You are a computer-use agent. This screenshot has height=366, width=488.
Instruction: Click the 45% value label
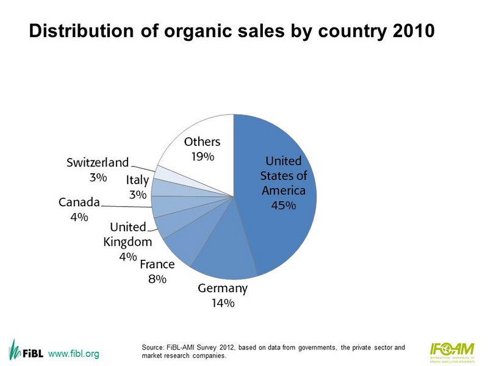[284, 205]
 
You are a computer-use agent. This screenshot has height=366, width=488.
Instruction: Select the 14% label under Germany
[223, 303]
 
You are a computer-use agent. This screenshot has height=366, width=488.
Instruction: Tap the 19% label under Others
[202, 157]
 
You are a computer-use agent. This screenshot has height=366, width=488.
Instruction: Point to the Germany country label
[223, 289]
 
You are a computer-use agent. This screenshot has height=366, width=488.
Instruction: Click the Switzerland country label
[98, 163]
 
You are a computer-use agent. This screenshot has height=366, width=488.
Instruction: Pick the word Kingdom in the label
[127, 242]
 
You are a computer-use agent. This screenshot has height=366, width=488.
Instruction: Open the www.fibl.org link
[73, 354]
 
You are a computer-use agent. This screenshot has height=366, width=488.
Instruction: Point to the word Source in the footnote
[152, 348]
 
